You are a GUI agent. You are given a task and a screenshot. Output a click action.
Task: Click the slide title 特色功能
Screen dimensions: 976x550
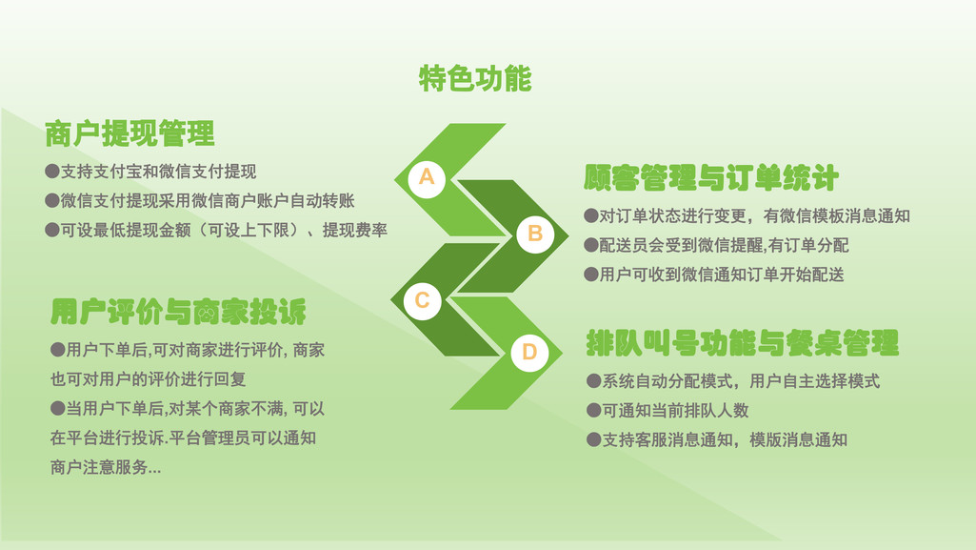[x=475, y=78]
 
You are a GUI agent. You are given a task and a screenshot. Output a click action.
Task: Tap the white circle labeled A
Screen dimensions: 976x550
[x=427, y=178]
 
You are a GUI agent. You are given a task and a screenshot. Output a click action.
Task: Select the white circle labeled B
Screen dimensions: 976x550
[x=535, y=234]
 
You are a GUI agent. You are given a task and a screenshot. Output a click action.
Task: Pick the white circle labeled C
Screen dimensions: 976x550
[x=422, y=301]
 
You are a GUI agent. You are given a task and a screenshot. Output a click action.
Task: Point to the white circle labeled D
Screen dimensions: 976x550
[x=529, y=353]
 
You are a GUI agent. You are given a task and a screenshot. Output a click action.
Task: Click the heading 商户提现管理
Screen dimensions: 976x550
[x=130, y=133]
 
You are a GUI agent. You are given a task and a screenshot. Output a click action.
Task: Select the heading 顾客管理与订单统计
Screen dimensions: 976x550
[x=711, y=178]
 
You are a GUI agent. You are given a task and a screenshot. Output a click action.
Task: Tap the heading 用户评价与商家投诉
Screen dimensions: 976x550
[x=179, y=312]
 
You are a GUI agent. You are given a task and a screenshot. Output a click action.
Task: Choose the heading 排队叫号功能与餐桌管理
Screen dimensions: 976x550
[x=743, y=343]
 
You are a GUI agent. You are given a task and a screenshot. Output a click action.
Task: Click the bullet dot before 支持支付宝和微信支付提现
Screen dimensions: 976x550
[x=52, y=172]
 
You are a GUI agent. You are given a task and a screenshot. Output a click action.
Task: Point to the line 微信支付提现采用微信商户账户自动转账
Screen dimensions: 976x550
[x=200, y=200]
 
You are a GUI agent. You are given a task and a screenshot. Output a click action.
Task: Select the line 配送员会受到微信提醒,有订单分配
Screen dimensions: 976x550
[x=716, y=245]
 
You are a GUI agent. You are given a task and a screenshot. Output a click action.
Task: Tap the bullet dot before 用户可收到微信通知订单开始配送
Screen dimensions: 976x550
[x=591, y=275]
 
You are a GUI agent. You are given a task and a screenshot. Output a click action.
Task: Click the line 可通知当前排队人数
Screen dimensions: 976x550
[x=667, y=411]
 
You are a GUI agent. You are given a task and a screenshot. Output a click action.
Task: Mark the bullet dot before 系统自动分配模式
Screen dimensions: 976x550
[x=594, y=381]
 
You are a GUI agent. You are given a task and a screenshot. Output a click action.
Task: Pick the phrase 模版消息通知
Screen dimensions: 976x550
[x=799, y=439]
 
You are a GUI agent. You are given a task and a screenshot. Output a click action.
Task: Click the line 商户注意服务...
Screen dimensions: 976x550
[x=106, y=467]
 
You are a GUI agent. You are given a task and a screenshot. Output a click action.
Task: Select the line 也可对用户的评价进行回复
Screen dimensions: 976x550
[x=149, y=379]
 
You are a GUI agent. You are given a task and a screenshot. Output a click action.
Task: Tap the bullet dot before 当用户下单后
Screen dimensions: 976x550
[x=58, y=409]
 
